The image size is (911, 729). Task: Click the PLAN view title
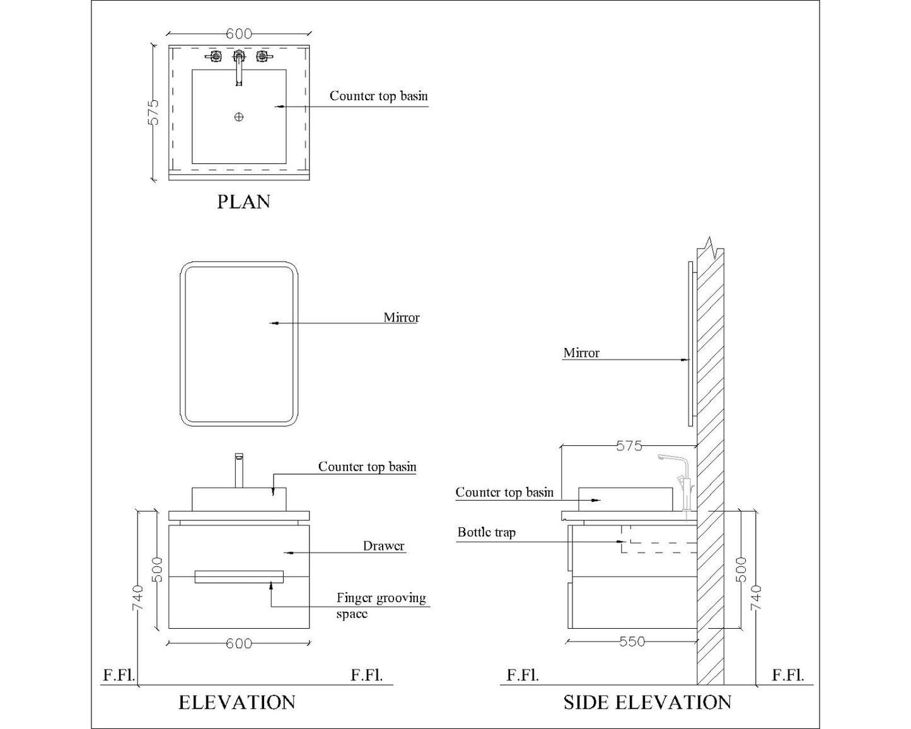click(x=243, y=202)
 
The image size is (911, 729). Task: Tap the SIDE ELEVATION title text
click(x=647, y=703)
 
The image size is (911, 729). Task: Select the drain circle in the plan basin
click(x=239, y=117)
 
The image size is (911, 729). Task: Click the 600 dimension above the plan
click(x=238, y=34)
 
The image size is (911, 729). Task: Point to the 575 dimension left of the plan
click(x=153, y=112)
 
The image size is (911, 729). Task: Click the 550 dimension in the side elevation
click(x=632, y=641)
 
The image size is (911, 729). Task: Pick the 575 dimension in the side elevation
click(x=629, y=446)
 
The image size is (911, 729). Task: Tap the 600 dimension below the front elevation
click(x=238, y=643)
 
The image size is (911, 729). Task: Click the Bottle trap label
click(x=486, y=532)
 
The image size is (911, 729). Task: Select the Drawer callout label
click(x=383, y=546)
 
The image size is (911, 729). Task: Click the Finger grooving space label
click(x=381, y=605)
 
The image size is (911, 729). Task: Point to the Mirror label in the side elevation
click(x=581, y=353)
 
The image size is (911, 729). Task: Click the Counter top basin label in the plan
click(x=378, y=96)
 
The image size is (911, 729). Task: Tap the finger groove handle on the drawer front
click(x=239, y=577)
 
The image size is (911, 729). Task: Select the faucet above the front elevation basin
click(x=239, y=470)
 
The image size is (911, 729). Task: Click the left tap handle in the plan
click(x=214, y=57)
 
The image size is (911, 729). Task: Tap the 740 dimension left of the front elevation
click(x=138, y=597)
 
